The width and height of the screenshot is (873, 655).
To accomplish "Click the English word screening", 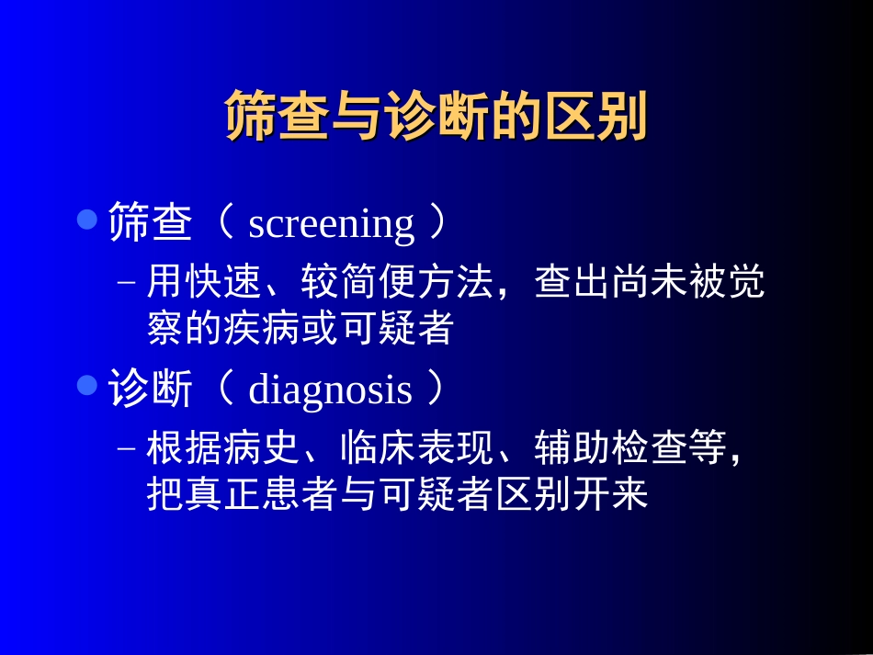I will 331,224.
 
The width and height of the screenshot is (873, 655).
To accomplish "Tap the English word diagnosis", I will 330,390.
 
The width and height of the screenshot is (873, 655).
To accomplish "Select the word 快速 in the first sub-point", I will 223,284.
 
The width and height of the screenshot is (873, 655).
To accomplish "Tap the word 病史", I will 262,448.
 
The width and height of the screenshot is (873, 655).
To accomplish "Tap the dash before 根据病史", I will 128,449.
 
